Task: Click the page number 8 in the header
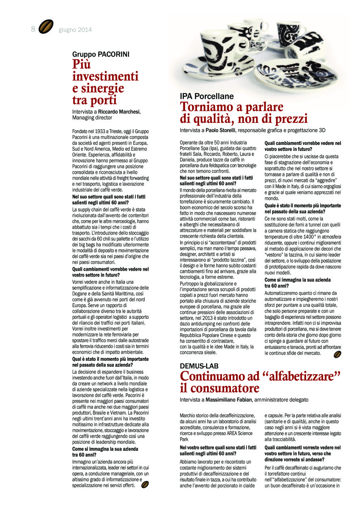[33, 29]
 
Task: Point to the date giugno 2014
[75, 30]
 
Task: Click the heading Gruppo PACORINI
[101, 54]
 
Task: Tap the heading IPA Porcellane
[207, 96]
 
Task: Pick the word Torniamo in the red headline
[204, 107]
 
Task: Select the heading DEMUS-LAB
[199, 366]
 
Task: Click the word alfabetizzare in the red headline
[297, 376]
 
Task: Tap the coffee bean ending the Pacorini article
[145, 484]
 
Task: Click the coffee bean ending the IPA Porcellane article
[338, 354]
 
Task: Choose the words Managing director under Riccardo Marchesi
[92, 117]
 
